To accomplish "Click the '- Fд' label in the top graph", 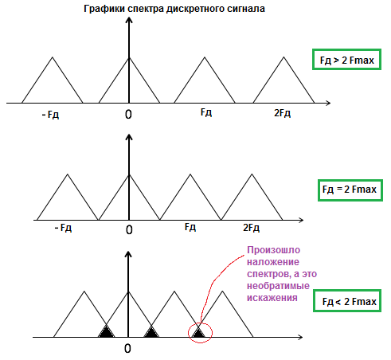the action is [x=50, y=115].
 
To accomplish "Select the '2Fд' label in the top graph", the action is [x=282, y=113].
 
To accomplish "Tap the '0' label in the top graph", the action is [x=128, y=115].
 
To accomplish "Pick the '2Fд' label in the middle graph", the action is [x=251, y=228].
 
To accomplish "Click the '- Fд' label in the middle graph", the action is [x=63, y=228].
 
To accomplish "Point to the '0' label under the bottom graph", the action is [x=127, y=348].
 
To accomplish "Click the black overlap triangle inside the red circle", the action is [x=198, y=332].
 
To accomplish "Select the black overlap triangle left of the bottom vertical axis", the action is [x=107, y=332].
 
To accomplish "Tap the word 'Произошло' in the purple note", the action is [x=274, y=250].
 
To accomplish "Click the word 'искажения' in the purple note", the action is [x=272, y=298].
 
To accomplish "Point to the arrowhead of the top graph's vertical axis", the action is [x=129, y=19].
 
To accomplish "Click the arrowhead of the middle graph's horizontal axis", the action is [x=301, y=220].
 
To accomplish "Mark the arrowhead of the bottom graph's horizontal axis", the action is [x=300, y=337].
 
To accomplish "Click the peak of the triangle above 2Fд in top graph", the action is [x=283, y=57].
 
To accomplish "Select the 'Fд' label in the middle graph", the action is [x=190, y=227].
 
